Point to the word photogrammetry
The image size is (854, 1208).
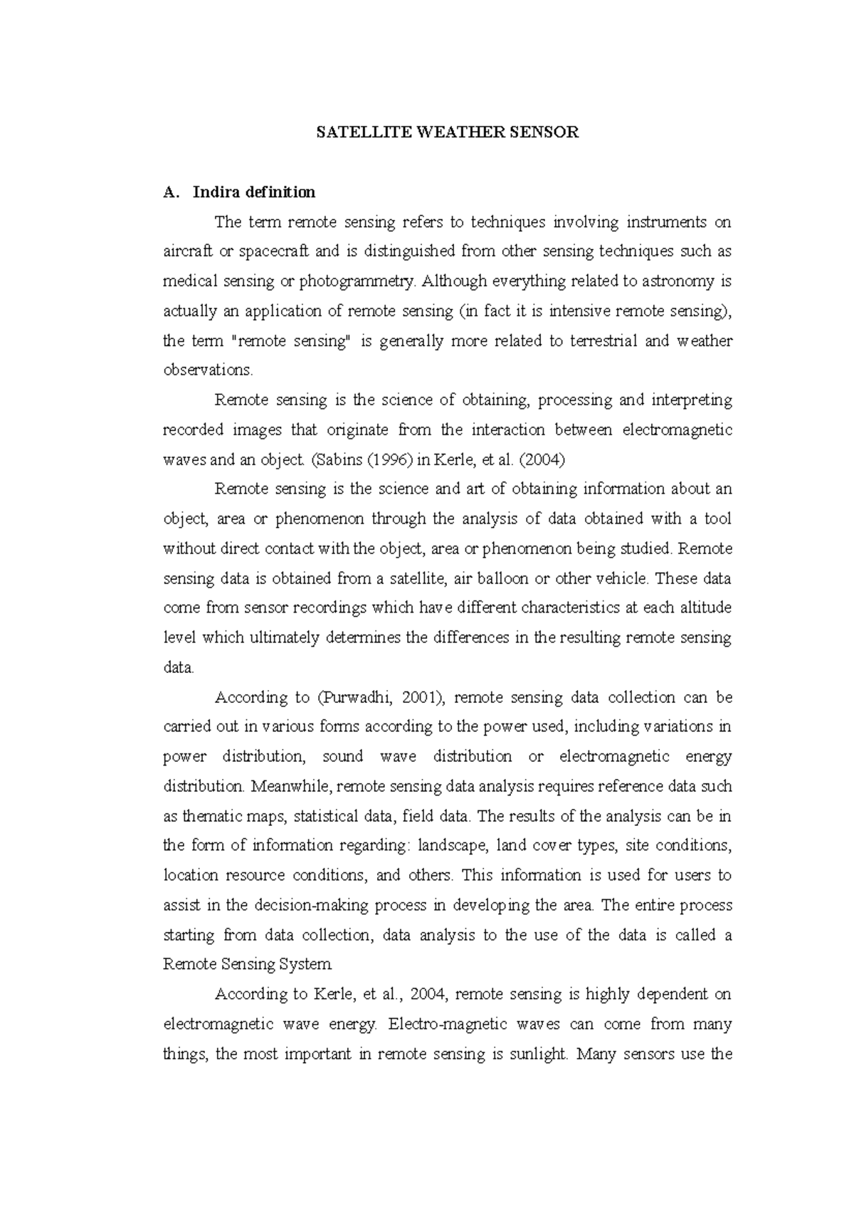coord(356,282)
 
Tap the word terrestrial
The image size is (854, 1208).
coord(602,341)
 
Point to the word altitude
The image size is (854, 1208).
coord(705,608)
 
